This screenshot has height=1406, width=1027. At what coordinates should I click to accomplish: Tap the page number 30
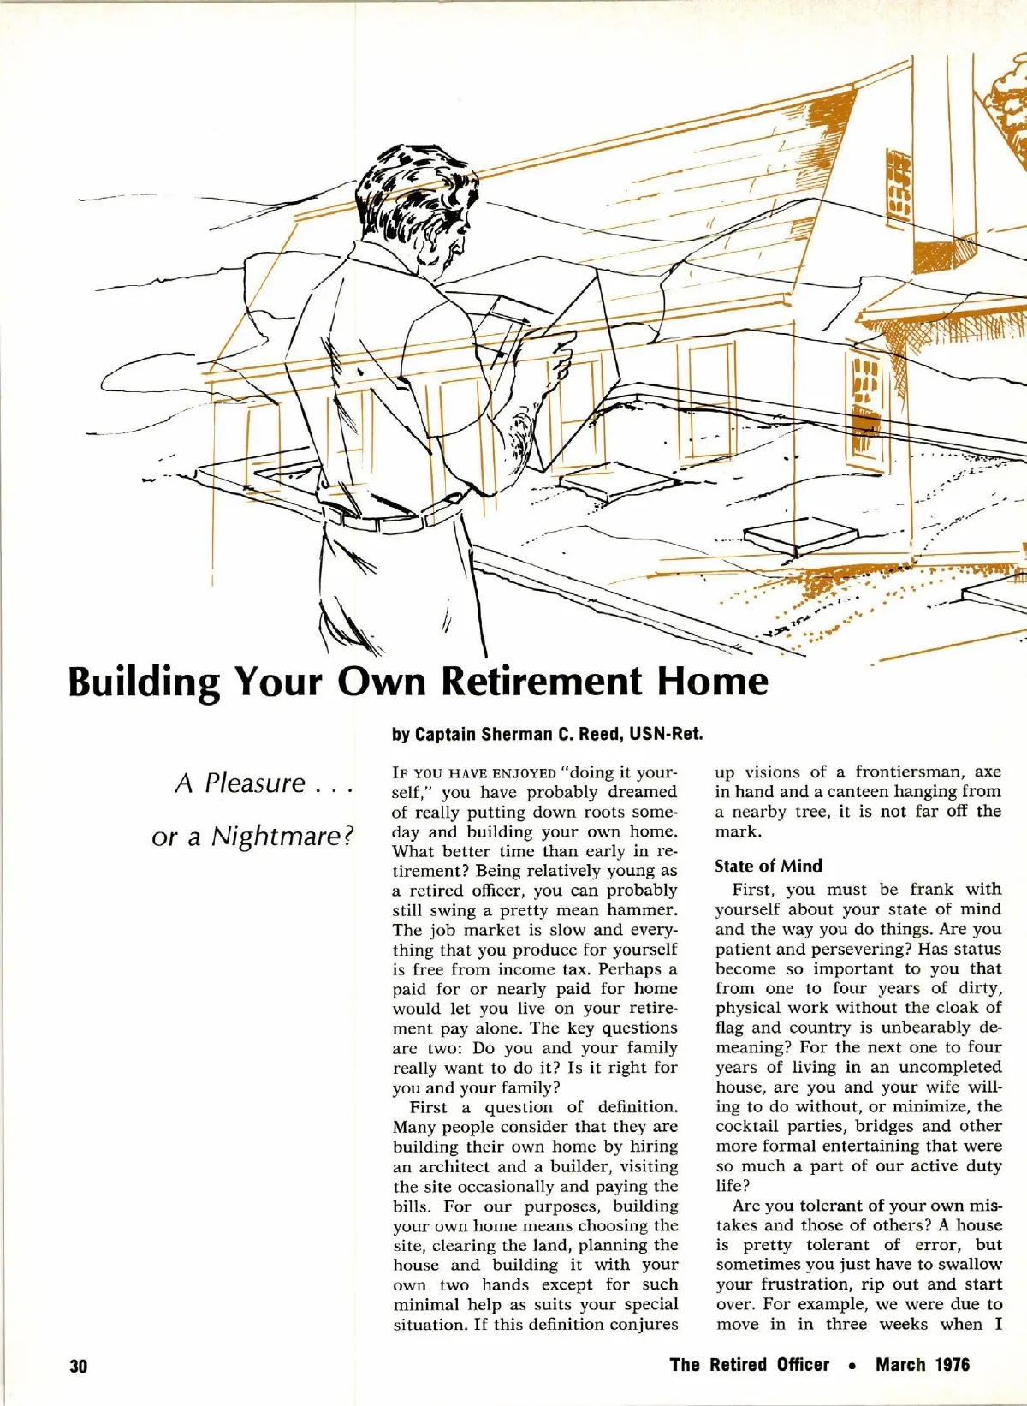coord(78,1365)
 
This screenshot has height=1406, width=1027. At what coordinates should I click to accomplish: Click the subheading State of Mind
coord(768,866)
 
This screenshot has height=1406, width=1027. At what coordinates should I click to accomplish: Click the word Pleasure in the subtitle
coord(254,783)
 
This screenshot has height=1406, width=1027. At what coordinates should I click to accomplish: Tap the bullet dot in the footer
coord(852,1366)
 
